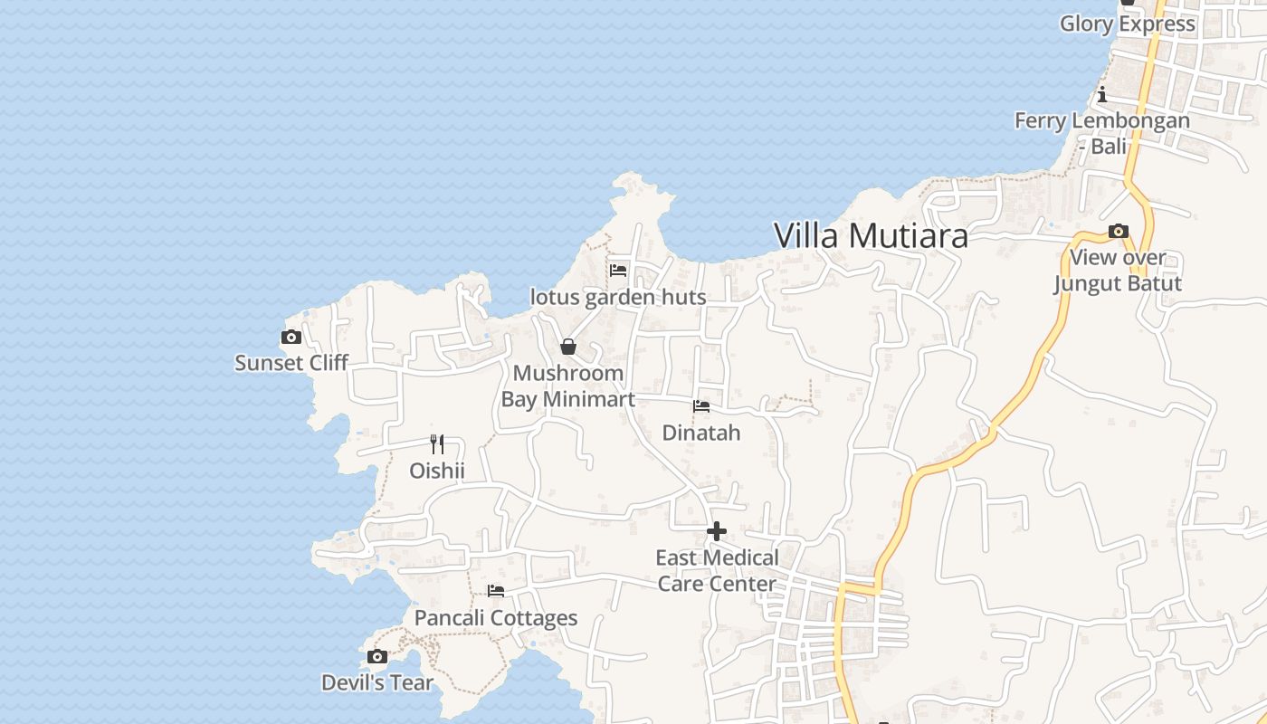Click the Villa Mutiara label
pyautogui.click(x=871, y=236)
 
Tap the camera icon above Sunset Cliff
pyautogui.click(x=291, y=338)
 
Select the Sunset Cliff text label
pyautogui.click(x=291, y=363)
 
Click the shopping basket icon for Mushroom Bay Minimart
pyautogui.click(x=568, y=347)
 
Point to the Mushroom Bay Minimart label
pyautogui.click(x=567, y=386)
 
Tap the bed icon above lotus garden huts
pyautogui.click(x=618, y=270)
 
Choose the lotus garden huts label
pyautogui.click(x=618, y=297)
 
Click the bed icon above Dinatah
pyautogui.click(x=701, y=406)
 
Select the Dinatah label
pyautogui.click(x=701, y=433)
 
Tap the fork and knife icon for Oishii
pyautogui.click(x=437, y=444)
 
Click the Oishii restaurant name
pyautogui.click(x=437, y=471)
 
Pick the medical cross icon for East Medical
pyautogui.click(x=717, y=531)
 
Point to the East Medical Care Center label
pyautogui.click(x=717, y=570)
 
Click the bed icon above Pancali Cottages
pyautogui.click(x=496, y=591)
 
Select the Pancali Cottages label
pyautogui.click(x=496, y=618)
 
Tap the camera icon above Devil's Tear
pyautogui.click(x=377, y=657)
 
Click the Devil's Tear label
pyautogui.click(x=377, y=682)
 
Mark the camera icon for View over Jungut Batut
pyautogui.click(x=1119, y=232)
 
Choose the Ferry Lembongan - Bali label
pyautogui.click(x=1102, y=132)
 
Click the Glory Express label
pyautogui.click(x=1128, y=24)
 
